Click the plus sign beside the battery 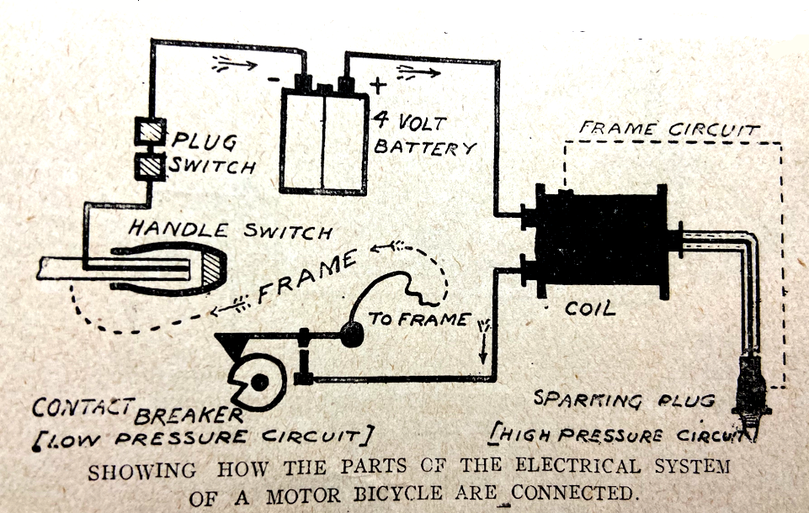click(378, 86)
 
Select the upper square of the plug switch click(152, 131)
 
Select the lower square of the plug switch click(152, 163)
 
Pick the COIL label click(589, 309)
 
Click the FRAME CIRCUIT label click(669, 130)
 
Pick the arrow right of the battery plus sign click(418, 71)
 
